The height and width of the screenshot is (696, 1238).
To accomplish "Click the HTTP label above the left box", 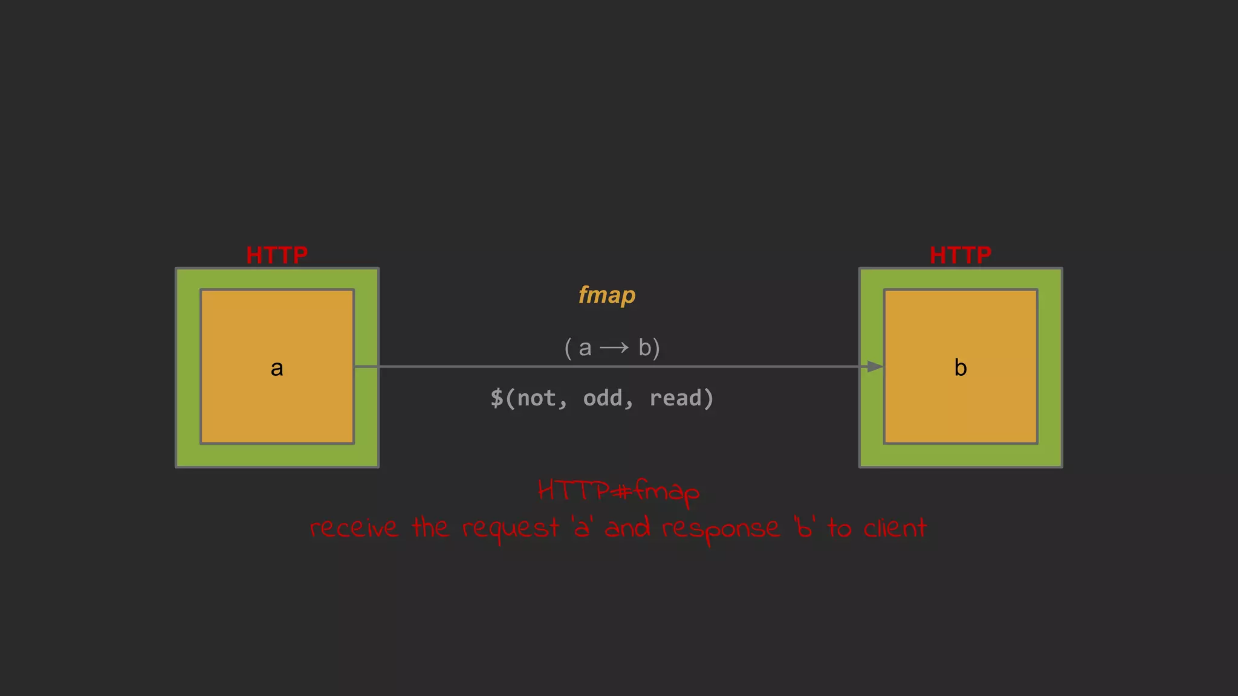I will click(x=277, y=256).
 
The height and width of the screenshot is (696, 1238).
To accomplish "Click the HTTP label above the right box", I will click(x=961, y=256).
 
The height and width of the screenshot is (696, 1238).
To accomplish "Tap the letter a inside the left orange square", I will click(x=277, y=368).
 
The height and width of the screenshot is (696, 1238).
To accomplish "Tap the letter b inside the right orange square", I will click(x=961, y=368).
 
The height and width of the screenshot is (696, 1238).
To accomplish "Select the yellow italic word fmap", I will click(x=607, y=295).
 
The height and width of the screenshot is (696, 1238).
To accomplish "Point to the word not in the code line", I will click(x=537, y=398).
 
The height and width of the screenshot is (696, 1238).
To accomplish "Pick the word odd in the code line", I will click(x=603, y=398).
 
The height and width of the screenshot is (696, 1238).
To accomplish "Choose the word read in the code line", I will click(x=676, y=398).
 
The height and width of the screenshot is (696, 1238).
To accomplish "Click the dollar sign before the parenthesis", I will click(x=496, y=398).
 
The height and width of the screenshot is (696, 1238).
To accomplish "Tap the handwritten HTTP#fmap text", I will click(x=618, y=491).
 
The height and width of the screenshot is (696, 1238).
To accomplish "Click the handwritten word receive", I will click(x=354, y=529).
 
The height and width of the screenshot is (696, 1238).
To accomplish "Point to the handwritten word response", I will click(x=721, y=530).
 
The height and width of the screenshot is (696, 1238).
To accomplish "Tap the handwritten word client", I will click(x=895, y=528).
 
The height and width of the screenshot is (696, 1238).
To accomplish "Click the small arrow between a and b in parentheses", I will click(x=614, y=348).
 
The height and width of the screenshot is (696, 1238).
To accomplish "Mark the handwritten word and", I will click(x=627, y=527).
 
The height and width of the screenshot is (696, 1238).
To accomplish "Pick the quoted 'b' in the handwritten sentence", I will click(x=805, y=527).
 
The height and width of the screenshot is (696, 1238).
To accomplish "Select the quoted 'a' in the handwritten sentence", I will click(x=582, y=527).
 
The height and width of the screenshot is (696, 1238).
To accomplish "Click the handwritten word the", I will click(x=430, y=527).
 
